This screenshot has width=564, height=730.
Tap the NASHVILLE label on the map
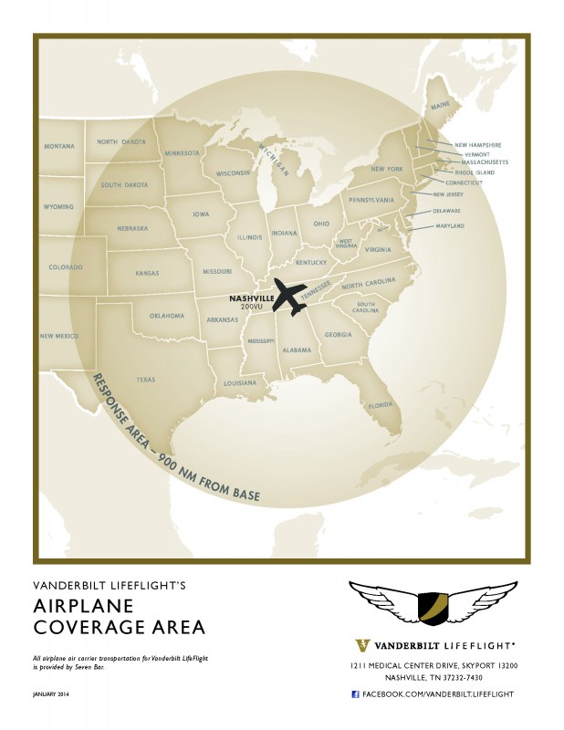click(250, 297)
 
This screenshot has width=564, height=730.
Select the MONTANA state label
click(58, 147)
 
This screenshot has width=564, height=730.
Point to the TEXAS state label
click(146, 379)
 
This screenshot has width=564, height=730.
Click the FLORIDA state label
click(380, 404)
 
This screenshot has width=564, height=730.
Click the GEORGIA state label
click(338, 335)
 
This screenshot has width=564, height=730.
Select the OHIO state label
click(321, 224)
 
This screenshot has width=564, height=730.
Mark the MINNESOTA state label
click(182, 153)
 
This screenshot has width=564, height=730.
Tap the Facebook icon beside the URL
click(355, 694)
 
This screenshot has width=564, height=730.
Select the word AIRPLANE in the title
click(84, 608)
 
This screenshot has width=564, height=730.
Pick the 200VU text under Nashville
click(251, 308)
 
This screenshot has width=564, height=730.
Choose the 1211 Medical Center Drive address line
click(433, 667)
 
